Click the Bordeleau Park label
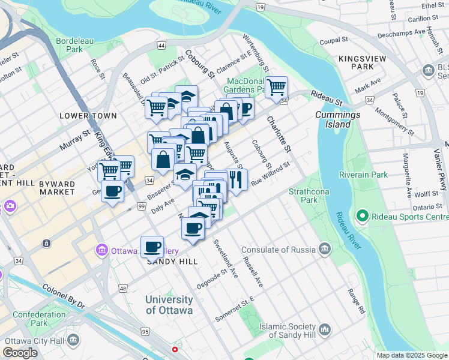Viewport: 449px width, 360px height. tap(70, 45)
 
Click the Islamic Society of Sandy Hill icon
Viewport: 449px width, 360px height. tap(325, 329)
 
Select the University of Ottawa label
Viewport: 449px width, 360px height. tap(169, 305)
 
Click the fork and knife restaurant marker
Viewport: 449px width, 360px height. tap(235, 179)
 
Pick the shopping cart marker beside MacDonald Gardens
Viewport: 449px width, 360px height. tap(276, 87)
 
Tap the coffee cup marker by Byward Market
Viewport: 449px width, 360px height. tap(112, 192)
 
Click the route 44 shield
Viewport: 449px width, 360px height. tap(161, 45)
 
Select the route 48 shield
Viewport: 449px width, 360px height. tap(123, 289)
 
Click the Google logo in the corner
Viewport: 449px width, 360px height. tap(20, 353)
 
